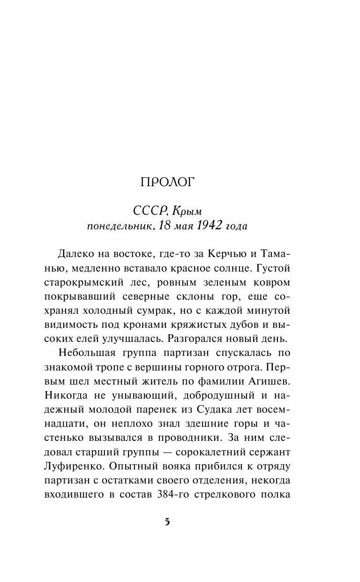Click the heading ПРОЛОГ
pos(167,182)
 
